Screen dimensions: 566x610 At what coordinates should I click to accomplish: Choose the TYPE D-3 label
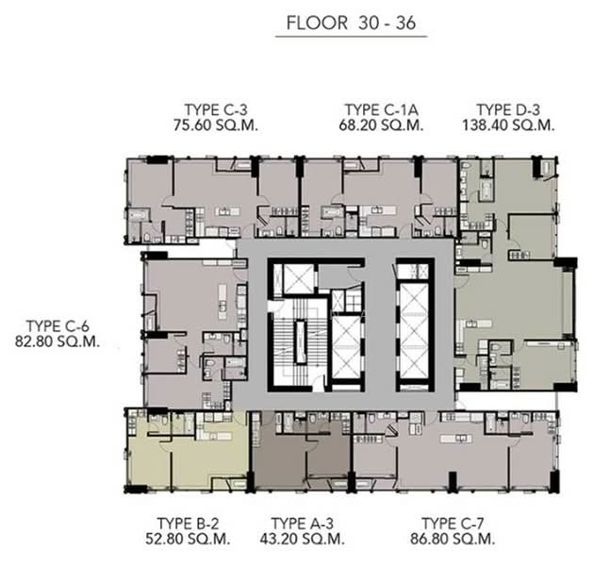508,108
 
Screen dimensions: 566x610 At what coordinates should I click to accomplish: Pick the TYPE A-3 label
302,523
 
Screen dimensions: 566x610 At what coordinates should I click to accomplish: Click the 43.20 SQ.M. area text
302,539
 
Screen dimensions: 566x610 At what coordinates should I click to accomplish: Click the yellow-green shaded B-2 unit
189,453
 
